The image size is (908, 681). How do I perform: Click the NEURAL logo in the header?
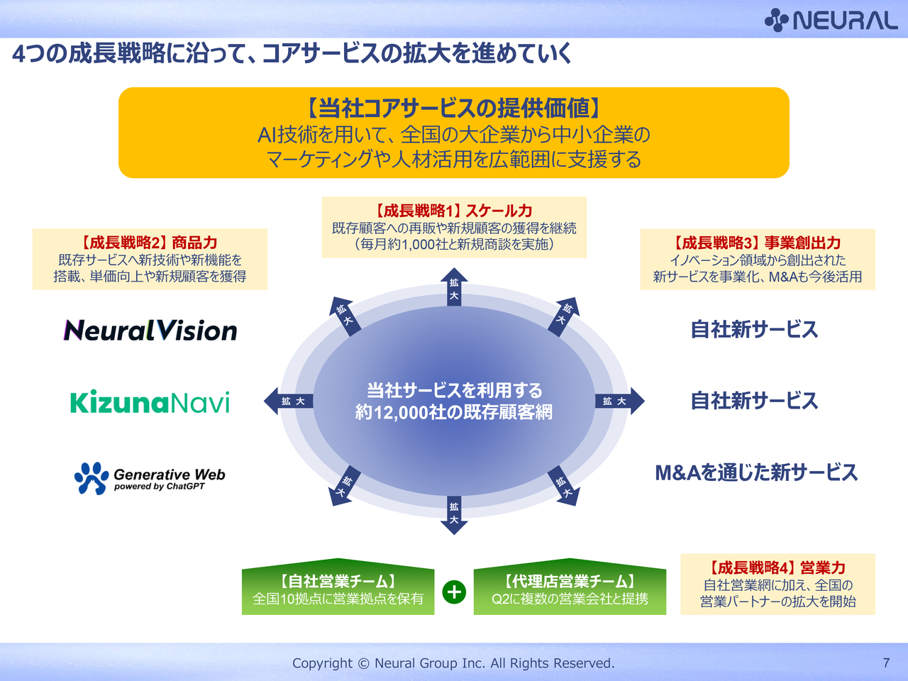831,20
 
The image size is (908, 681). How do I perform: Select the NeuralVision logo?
150,331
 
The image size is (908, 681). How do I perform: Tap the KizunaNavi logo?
150,402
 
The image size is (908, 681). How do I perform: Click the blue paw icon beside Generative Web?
92,478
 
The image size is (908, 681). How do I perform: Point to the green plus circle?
454,592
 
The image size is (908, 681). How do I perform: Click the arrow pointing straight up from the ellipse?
454,287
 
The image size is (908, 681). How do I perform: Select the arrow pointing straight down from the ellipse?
454,515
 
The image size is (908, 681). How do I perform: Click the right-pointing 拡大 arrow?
619,402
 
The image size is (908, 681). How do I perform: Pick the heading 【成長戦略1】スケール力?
454,211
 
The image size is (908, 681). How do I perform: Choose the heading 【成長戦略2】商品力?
150,243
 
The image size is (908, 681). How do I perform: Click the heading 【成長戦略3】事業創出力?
758,243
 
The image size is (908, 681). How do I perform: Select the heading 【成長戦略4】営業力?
777,567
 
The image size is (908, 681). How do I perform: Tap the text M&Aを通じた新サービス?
756,472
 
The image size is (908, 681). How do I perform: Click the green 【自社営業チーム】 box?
338,590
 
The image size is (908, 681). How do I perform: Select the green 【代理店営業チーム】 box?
570,590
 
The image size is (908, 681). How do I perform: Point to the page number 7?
886,663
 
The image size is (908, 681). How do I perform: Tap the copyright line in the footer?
453,663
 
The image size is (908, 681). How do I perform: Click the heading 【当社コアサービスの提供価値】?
454,108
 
